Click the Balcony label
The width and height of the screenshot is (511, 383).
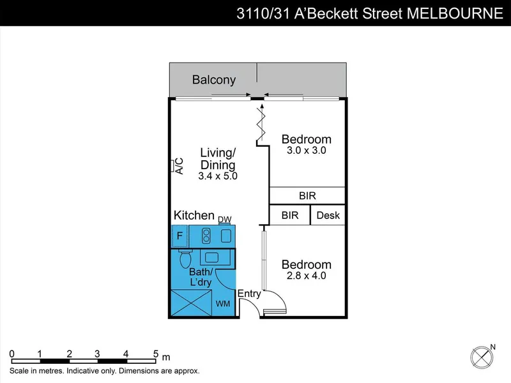coord(214,80)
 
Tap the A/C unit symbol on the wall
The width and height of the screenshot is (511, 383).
coord(172,165)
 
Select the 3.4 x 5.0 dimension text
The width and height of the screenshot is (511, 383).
coord(218,176)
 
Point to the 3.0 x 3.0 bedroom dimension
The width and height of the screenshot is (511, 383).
coord(307,150)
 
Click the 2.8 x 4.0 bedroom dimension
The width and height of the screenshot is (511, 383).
coord(307,276)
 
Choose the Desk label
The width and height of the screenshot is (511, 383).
coord(328,215)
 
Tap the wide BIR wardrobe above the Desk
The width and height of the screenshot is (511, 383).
coord(307,195)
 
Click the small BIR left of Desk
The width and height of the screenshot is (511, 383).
coord(290,215)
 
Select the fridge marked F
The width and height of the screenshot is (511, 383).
coord(179,236)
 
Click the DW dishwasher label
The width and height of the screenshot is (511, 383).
coord(225,220)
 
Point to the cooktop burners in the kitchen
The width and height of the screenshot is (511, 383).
coord(206,236)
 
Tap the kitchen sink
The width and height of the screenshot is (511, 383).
coord(226,236)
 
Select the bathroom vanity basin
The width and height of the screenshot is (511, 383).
coord(211,258)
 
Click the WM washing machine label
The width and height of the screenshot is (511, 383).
coord(223,304)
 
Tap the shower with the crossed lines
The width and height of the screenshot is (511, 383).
coord(191,303)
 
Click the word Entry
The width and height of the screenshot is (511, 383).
coord(249,294)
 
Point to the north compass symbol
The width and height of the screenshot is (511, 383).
coord(482,357)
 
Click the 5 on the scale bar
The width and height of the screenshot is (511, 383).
coord(156,354)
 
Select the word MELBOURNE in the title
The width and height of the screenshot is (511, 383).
coord(455,13)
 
